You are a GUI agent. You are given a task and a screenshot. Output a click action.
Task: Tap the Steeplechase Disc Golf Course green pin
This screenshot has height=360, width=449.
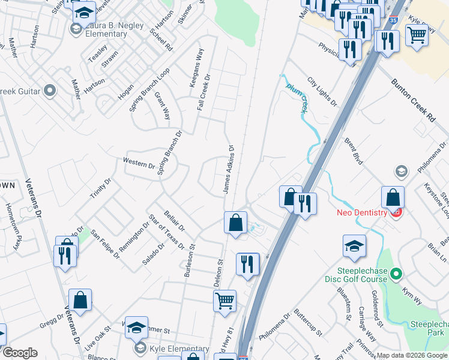pos(396,275)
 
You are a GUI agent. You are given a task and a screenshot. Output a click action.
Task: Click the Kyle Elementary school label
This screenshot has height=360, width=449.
pos(179,349)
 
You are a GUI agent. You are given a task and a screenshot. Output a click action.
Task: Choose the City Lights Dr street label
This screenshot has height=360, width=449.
pos(322,91)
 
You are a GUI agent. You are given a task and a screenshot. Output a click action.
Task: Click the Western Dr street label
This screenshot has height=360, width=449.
pos(139,162)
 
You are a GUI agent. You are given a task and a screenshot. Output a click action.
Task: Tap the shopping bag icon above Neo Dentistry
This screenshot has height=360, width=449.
pos(393,197)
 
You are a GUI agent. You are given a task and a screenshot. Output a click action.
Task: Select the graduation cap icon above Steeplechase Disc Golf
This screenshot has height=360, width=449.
pos(354,245)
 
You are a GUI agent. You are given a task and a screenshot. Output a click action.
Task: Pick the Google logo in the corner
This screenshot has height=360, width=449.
pos(20,353)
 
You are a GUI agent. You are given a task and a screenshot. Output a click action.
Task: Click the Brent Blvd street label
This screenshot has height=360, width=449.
pos(354,149)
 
